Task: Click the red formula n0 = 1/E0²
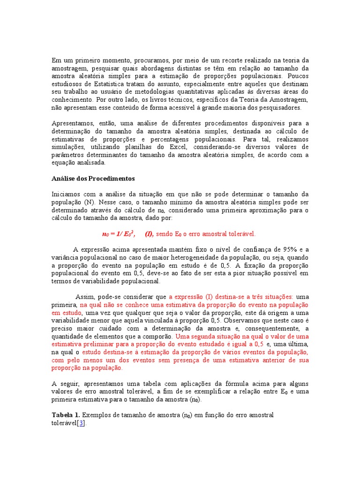(119, 233)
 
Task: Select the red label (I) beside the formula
(149, 233)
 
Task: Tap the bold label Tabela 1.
(66, 415)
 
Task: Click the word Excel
(178, 147)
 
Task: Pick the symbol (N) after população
(84, 202)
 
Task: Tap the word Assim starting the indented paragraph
(85, 297)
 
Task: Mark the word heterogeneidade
(211, 257)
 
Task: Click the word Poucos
(298, 75)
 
